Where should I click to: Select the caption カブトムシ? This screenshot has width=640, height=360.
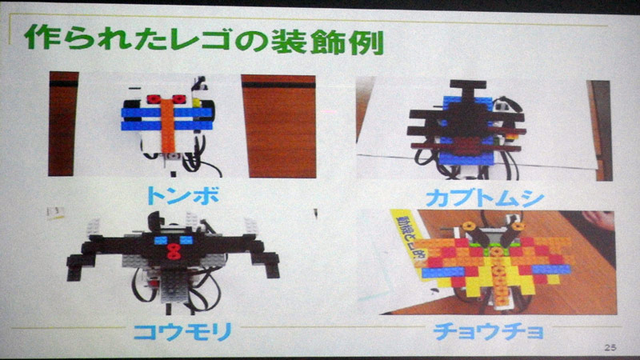(480, 194)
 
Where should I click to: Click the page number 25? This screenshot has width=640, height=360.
(611, 346)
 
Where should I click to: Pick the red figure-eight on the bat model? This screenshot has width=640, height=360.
(170, 252)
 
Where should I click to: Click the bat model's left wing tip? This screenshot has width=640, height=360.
(76, 268)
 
